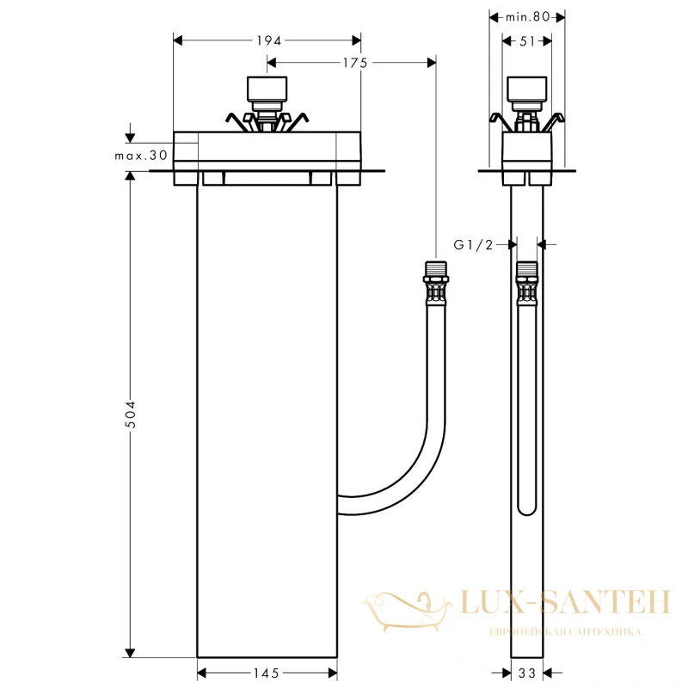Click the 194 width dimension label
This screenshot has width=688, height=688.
click(x=268, y=40)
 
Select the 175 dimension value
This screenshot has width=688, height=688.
click(x=355, y=63)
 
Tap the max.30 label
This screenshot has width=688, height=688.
click(x=141, y=156)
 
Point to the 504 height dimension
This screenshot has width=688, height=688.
click(x=131, y=415)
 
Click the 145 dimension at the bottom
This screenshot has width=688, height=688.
click(x=267, y=673)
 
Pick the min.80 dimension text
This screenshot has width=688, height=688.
click(x=527, y=17)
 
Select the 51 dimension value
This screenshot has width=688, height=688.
click(x=527, y=41)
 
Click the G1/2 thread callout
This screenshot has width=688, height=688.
click(x=473, y=244)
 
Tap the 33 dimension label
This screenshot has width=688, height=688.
click(x=527, y=673)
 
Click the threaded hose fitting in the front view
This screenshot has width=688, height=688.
click(x=435, y=284)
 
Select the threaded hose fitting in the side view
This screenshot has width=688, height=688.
click(x=526, y=284)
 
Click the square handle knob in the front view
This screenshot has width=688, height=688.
click(x=267, y=89)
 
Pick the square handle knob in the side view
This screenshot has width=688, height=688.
click(x=526, y=89)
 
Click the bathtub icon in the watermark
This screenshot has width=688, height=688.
click(x=406, y=611)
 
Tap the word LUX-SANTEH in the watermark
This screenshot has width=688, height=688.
click(x=565, y=602)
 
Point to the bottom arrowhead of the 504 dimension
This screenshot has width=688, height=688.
click(x=130, y=653)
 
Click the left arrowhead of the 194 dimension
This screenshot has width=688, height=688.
click(x=178, y=40)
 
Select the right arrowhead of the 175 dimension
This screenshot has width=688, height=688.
click(x=432, y=63)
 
